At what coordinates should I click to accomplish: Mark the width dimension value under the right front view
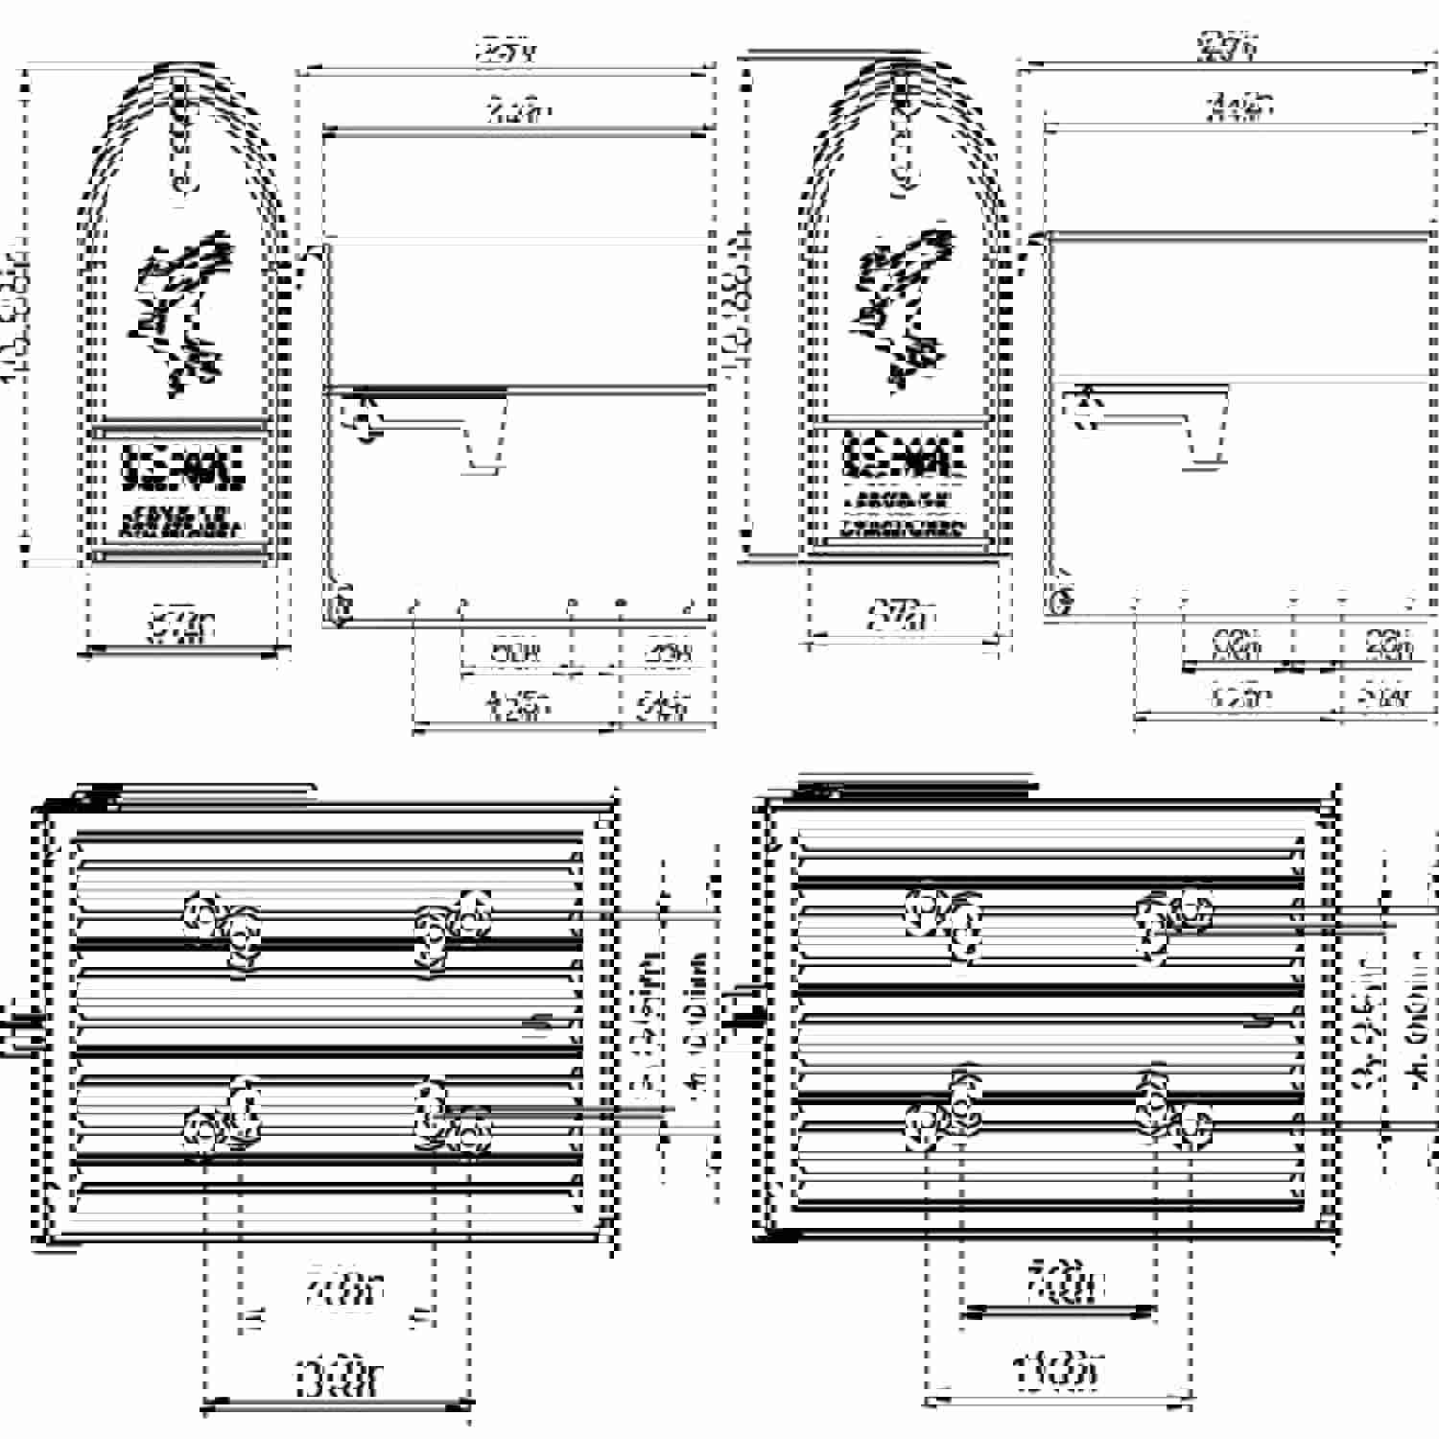pos(902,614)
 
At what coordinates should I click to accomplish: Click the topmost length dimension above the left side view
pos(506,53)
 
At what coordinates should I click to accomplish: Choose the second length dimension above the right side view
pos(1239,107)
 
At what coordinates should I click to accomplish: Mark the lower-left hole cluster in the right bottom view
pos(945,1113)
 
